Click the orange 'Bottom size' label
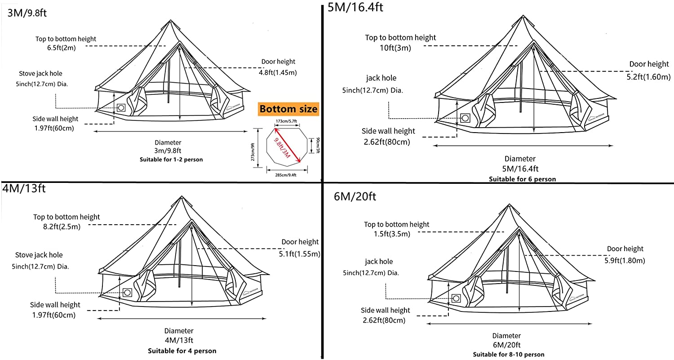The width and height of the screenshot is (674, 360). pyautogui.click(x=288, y=109)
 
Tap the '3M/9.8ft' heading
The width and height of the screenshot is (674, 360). pyautogui.click(x=27, y=13)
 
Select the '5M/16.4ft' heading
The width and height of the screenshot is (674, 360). pyautogui.click(x=355, y=8)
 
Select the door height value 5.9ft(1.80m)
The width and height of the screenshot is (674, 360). pyautogui.click(x=625, y=260)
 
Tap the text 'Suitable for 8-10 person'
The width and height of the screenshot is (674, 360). pyautogui.click(x=508, y=354)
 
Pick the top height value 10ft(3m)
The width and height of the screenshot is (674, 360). pyautogui.click(x=394, y=48)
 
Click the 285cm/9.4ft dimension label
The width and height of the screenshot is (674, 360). pyautogui.click(x=287, y=176)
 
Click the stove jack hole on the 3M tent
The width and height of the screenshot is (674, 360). pyautogui.click(x=121, y=108)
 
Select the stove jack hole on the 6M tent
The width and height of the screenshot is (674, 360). pyautogui.click(x=457, y=298)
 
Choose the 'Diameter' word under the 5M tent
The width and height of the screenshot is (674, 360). pyautogui.click(x=520, y=159)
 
